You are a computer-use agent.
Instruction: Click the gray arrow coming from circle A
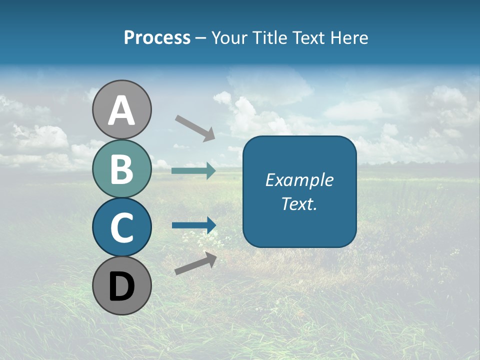(x=195, y=127)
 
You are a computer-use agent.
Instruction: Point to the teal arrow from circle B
(x=193, y=171)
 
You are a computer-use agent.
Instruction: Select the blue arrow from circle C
(x=193, y=225)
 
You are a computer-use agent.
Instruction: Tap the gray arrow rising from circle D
(x=195, y=263)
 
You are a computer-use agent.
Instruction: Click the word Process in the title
(x=157, y=38)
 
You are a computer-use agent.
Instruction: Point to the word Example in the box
(x=299, y=180)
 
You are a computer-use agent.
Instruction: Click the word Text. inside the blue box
(x=299, y=204)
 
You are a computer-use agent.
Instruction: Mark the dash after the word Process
(x=201, y=38)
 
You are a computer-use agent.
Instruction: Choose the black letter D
(x=121, y=287)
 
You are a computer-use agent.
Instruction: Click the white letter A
(x=121, y=110)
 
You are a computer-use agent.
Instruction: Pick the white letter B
(x=121, y=169)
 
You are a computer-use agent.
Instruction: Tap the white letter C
(x=121, y=227)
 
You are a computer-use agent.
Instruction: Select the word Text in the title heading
(x=309, y=38)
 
